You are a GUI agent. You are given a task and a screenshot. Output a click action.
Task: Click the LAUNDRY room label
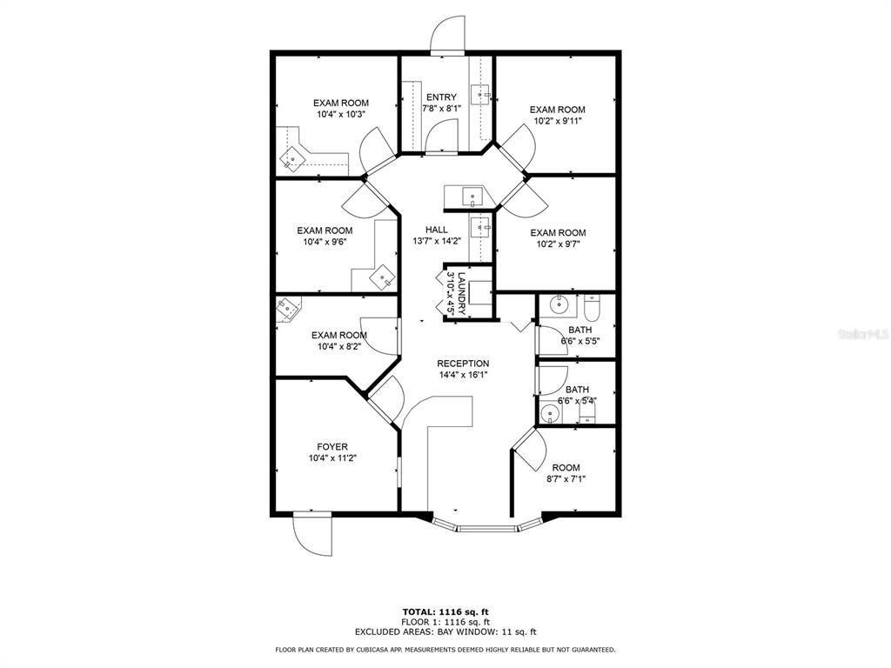(x=462, y=294)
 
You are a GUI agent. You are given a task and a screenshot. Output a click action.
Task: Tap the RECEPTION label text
(x=463, y=364)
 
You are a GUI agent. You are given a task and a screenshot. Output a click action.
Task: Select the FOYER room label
(x=332, y=447)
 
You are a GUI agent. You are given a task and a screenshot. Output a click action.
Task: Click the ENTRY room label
(x=441, y=97)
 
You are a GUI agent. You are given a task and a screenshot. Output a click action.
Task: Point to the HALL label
(x=437, y=230)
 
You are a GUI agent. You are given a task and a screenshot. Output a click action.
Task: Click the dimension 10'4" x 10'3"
(x=341, y=114)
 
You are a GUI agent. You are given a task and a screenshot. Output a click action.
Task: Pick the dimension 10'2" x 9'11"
(x=558, y=121)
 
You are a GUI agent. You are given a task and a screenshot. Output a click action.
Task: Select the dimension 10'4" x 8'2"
(x=339, y=346)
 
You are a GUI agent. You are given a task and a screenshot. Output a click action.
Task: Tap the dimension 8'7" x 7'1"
(x=566, y=479)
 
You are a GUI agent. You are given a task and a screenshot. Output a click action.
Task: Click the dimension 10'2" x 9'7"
(x=558, y=244)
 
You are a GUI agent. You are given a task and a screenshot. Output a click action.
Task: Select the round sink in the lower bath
(x=550, y=413)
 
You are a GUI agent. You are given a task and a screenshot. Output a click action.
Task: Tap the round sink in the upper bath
(x=560, y=304)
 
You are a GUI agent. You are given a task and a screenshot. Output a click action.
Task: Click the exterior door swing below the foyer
(x=312, y=535)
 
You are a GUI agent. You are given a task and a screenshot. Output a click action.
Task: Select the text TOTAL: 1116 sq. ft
(x=445, y=611)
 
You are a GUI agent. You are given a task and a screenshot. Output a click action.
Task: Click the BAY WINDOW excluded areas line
(x=445, y=631)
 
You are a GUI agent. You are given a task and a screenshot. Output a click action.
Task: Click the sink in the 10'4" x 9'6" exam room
(x=383, y=277)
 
